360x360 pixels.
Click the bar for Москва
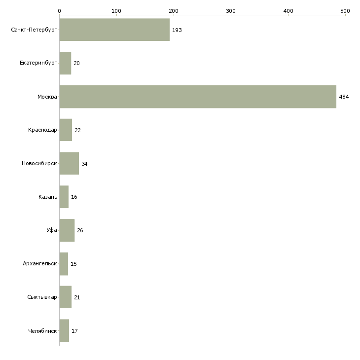(198, 97)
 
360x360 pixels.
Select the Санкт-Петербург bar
(114, 30)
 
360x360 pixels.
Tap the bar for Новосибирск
(69, 163)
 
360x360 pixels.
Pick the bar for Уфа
(67, 230)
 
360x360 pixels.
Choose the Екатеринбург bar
(65, 63)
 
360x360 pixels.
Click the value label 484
(344, 97)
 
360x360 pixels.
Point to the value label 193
(177, 30)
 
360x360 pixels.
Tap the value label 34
(84, 164)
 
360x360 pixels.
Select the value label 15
(73, 264)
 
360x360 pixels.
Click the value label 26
(80, 230)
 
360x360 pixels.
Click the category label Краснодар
(43, 130)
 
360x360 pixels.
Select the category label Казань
(48, 197)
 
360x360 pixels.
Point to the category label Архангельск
(40, 264)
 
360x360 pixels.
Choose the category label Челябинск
(42, 330)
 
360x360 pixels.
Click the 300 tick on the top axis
(231, 10)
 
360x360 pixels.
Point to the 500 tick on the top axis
(345, 10)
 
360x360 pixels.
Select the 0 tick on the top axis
(59, 10)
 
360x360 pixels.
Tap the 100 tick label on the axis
(116, 10)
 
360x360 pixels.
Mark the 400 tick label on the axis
(288, 10)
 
